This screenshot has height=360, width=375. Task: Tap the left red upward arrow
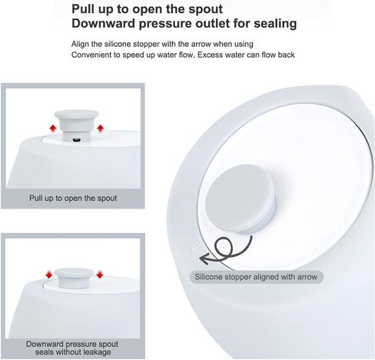coord(53,129)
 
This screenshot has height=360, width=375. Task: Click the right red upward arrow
coord(101,128)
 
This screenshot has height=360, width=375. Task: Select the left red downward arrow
coord(48,275)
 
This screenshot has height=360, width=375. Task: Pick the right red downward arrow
coord(100,274)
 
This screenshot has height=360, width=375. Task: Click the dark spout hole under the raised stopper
coord(77,140)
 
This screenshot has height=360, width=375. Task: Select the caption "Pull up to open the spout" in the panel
coord(73,198)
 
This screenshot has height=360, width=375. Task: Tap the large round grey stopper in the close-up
coord(240,198)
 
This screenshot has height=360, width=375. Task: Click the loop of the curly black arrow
coord(224,246)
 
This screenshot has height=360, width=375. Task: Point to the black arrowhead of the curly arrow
coord(205,258)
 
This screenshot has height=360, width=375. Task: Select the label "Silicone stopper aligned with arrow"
coord(256,277)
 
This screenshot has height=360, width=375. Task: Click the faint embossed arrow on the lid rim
coord(196,248)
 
